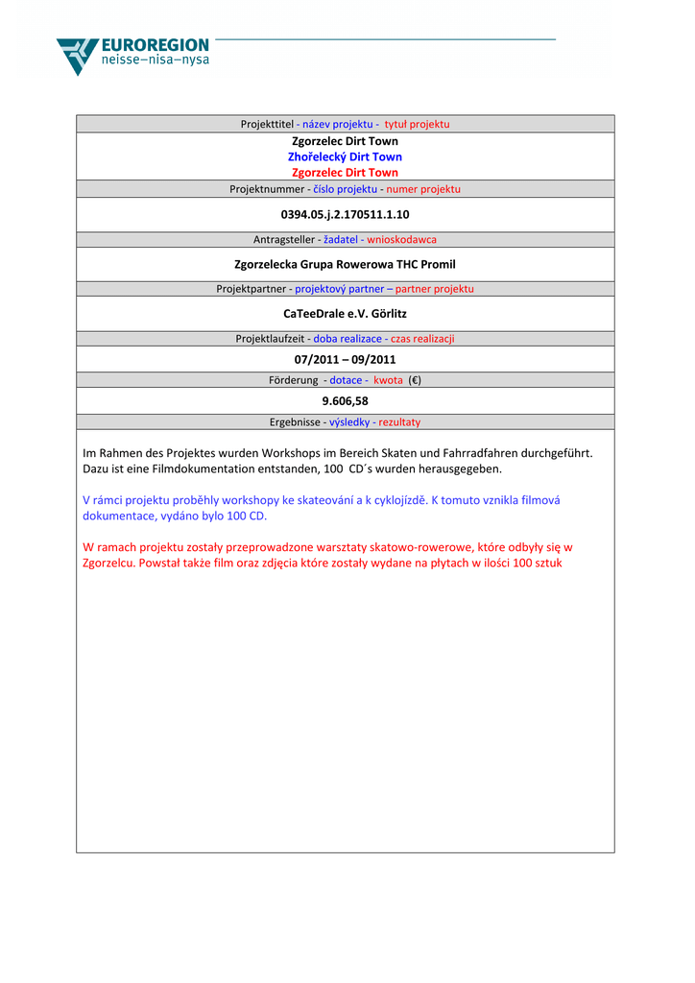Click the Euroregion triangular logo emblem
tap(77, 55)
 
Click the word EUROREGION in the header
tap(155, 45)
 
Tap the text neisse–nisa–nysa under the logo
tap(155, 60)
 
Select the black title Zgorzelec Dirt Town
tap(345, 141)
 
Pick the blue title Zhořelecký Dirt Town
tap(345, 156)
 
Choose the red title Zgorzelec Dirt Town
tap(345, 173)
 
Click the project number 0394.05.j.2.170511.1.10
tap(345, 214)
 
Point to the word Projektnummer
tap(266, 189)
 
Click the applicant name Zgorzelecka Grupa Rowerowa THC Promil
tap(345, 264)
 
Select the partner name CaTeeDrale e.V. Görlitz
tap(345, 313)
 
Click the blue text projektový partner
tap(339, 289)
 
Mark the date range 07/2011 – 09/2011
tap(345, 360)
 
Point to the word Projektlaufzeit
tap(271, 339)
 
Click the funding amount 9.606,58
tap(345, 401)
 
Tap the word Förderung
tap(293, 380)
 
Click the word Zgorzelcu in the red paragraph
tap(108, 563)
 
